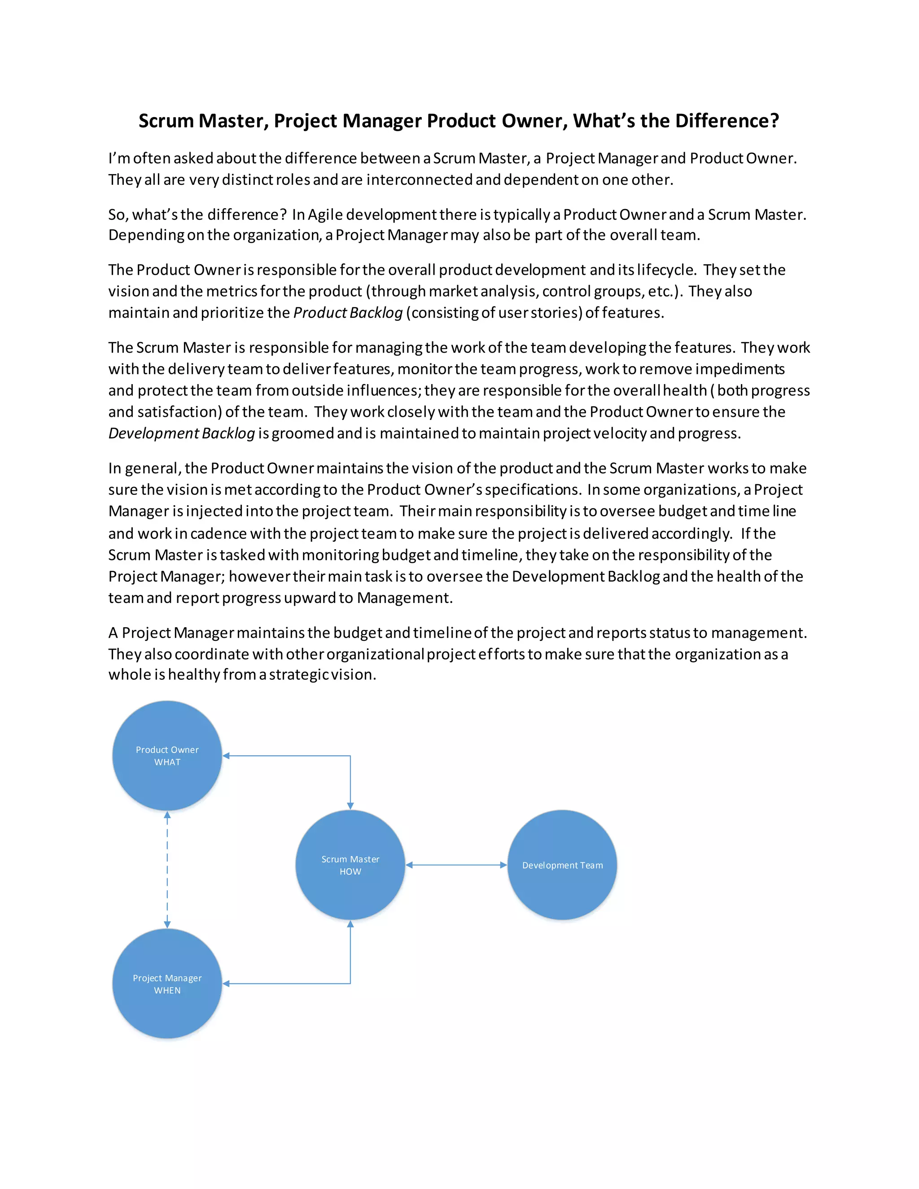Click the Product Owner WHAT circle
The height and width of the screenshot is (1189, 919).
pos(167,756)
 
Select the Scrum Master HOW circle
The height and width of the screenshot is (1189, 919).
pos(350,865)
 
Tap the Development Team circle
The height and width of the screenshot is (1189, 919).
pos(562,865)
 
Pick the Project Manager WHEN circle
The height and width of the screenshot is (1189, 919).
pos(167,984)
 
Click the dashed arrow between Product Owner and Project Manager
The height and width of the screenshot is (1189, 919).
pos(167,870)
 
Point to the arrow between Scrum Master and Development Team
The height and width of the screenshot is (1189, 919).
pos(456,865)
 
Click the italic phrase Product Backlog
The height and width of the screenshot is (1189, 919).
pos(348,312)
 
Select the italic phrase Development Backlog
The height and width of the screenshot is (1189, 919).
pos(181,433)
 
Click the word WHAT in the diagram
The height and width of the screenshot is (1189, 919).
pos(167,762)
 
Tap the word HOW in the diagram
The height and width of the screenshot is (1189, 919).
pos(350,872)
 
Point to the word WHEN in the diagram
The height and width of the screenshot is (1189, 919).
pos(167,990)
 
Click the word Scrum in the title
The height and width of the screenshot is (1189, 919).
pos(166,120)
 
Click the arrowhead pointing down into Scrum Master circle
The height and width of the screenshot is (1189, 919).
pos(350,806)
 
